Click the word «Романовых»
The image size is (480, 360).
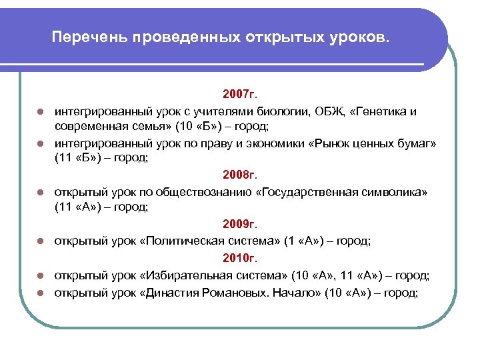[227, 292]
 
